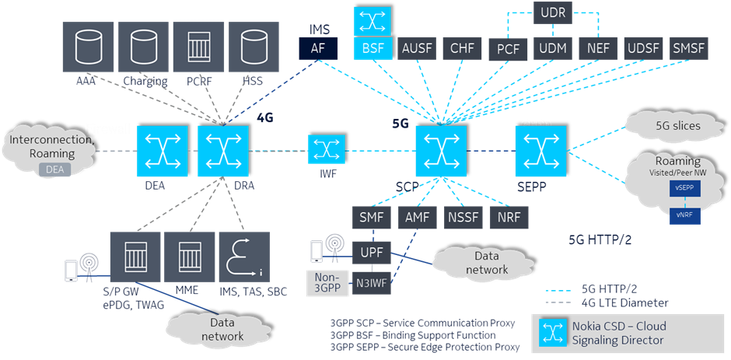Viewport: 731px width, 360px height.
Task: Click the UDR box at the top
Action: pyautogui.click(x=553, y=12)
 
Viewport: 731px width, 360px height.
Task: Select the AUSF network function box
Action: pyautogui.click(x=418, y=48)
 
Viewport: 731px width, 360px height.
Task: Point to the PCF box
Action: pyautogui.click(x=509, y=49)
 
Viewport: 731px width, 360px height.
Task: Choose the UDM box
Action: pyautogui.click(x=553, y=49)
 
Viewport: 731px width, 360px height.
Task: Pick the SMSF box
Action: pyautogui.click(x=688, y=49)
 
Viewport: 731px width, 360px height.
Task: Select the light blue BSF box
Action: pyautogui.click(x=372, y=48)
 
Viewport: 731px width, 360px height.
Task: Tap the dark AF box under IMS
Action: pyautogui.click(x=318, y=49)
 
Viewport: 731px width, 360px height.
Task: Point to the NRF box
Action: pyautogui.click(x=509, y=217)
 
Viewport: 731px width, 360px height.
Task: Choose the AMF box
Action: pyautogui.click(x=418, y=217)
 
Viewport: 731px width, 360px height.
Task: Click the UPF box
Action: pyautogui.click(x=371, y=252)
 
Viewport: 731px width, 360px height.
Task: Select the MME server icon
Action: pyautogui.click(x=191, y=257)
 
